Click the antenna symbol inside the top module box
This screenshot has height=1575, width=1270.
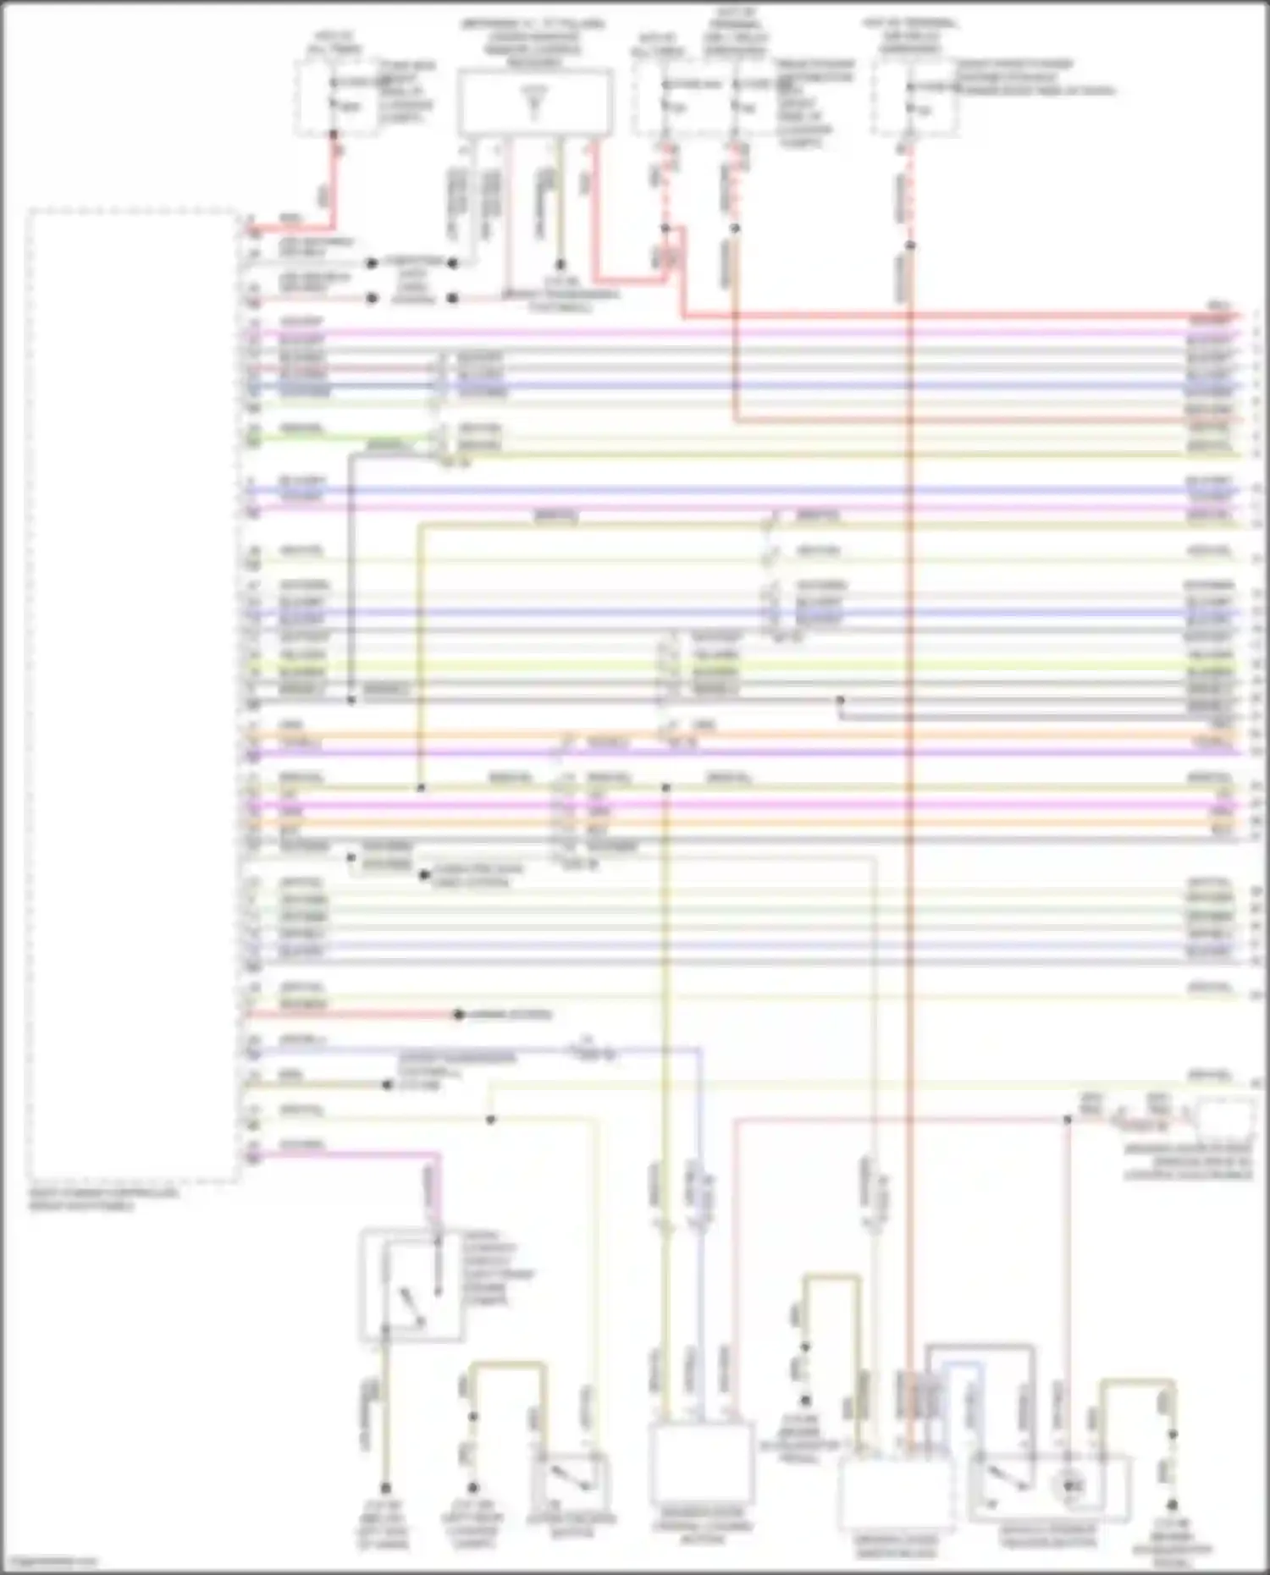(533, 102)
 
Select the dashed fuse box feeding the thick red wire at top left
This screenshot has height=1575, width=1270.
(337, 97)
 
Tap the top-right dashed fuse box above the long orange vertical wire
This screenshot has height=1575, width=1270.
(916, 97)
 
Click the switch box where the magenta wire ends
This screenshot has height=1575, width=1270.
(411, 1285)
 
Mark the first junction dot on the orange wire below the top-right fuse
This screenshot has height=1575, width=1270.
(910, 246)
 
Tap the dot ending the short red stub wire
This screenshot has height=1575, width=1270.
(458, 1014)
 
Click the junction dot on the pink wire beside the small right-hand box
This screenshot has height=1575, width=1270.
(1068, 1119)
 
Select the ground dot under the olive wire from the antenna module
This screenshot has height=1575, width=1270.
(560, 264)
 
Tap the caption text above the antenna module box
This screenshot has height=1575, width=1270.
(533, 43)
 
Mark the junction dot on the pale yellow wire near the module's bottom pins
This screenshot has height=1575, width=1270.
(490, 1120)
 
